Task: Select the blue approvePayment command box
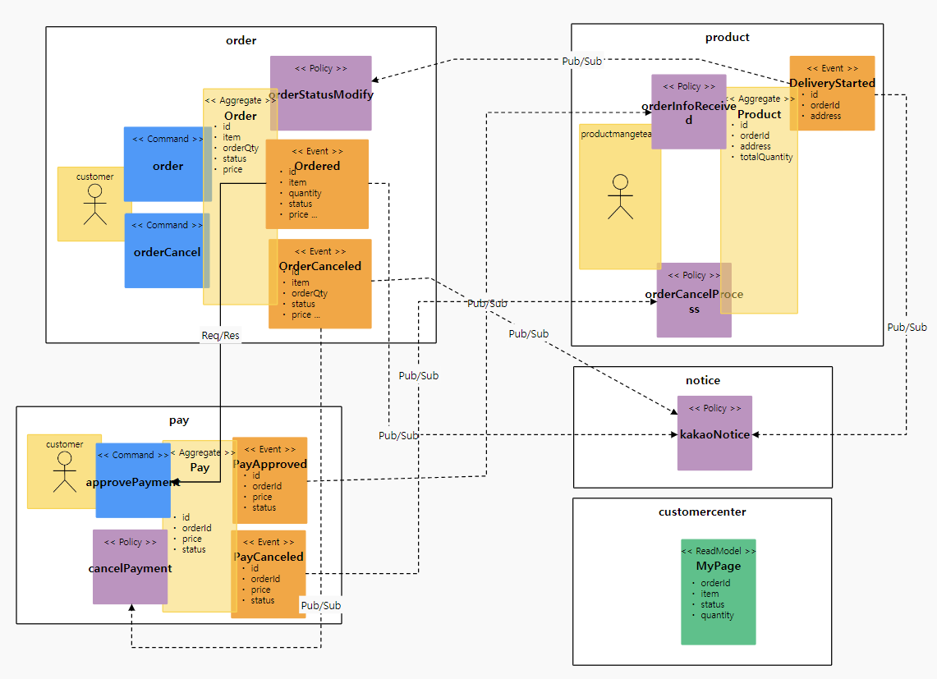pos(132,480)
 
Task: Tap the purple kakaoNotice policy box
pos(714,433)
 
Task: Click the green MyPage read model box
pos(718,591)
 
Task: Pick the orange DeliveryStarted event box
pos(832,93)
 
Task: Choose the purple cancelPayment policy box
pos(130,567)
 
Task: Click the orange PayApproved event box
pos(270,480)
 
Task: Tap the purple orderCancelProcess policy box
pos(693,301)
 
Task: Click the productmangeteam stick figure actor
pos(620,197)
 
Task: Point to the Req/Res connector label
pos(221,336)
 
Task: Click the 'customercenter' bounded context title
pos(702,512)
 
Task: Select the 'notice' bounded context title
pos(702,380)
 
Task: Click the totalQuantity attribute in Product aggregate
pos(766,157)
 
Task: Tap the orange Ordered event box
pos(317,184)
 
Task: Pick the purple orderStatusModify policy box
pos(321,93)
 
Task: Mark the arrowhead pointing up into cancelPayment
pos(131,608)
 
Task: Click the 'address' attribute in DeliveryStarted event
pos(825,116)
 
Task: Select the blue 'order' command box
pos(168,164)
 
